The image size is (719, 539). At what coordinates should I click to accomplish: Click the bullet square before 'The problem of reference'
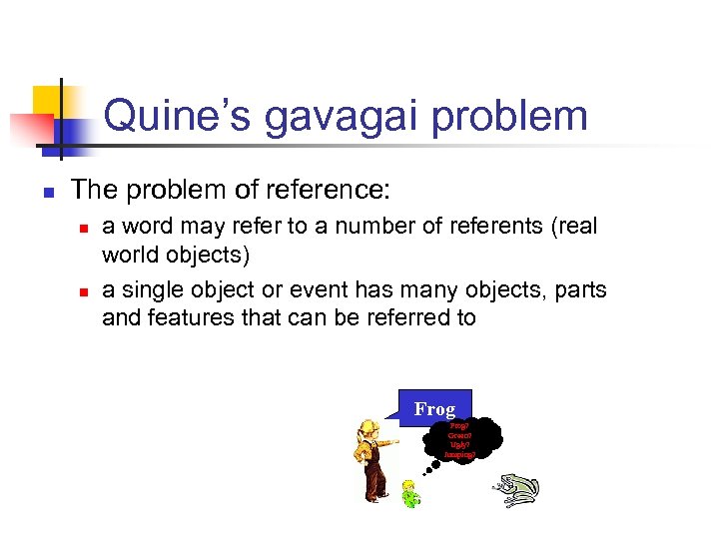tap(47, 190)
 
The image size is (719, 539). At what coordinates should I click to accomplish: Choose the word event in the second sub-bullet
tap(325, 290)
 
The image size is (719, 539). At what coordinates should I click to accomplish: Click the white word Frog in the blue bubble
tap(434, 409)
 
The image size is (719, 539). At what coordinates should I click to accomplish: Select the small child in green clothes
tap(409, 492)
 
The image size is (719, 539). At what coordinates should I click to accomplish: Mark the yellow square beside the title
tap(49, 103)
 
